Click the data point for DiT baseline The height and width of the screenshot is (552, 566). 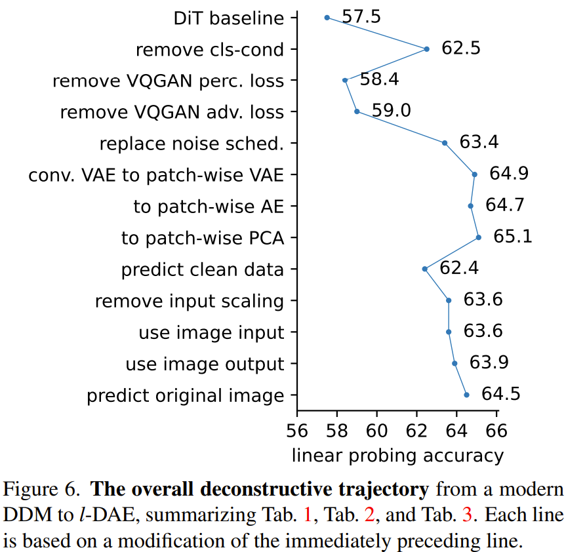tap(327, 18)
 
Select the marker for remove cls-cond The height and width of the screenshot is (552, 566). tap(427, 49)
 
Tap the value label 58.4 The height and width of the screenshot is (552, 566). tap(380, 80)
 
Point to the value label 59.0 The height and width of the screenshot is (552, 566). tap(392, 111)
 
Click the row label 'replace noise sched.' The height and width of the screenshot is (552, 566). tap(192, 144)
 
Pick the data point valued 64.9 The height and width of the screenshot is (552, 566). tap(475, 174)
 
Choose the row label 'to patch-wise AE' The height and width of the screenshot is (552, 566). tap(209, 207)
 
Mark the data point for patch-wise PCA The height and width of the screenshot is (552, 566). tap(479, 237)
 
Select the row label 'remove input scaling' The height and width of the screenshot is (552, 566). tap(190, 302)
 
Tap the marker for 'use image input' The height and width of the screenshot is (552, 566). tap(449, 332)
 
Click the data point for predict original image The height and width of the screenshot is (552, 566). tap(467, 395)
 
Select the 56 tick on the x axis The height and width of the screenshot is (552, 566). tap(298, 431)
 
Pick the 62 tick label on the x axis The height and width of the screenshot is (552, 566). tap(417, 431)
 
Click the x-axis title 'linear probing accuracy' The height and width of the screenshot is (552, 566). tap(397, 456)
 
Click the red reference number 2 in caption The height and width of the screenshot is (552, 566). tap(369, 515)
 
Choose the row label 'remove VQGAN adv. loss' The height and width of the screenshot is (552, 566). tap(172, 112)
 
